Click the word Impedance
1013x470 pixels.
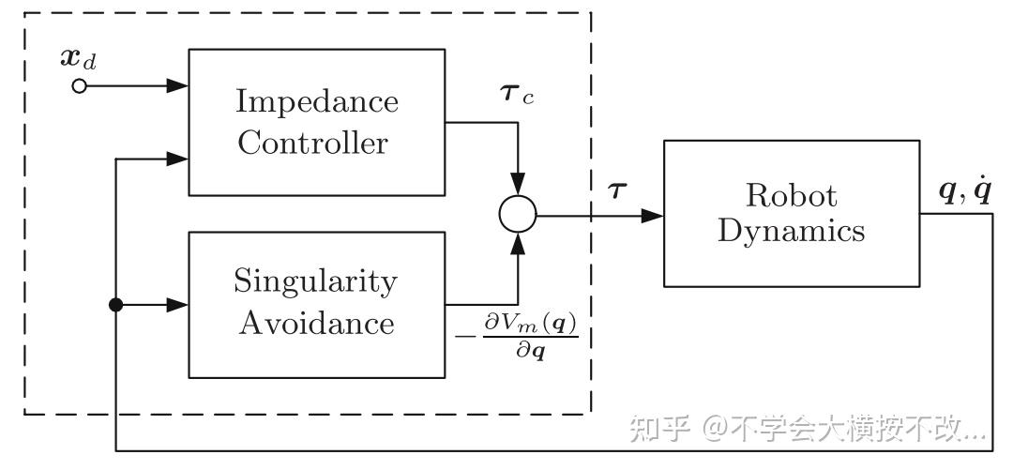pos(317,102)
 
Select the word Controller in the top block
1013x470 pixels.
pos(312,143)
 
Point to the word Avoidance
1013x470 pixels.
pos(317,323)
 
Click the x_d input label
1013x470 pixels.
pos(79,59)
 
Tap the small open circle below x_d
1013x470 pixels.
pos(79,86)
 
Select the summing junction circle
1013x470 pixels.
pos(518,214)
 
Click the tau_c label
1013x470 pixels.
pos(517,96)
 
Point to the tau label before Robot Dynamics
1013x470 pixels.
pos(617,190)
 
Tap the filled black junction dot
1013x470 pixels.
pos(115,305)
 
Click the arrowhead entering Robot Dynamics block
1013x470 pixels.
pos(653,216)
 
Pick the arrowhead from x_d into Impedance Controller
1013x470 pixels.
pos(177,85)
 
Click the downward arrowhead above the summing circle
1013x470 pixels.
pos(518,184)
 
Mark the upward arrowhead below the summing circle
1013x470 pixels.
pos(518,244)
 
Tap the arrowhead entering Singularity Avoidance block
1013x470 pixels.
pos(177,305)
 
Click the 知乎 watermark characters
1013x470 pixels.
pos(660,428)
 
